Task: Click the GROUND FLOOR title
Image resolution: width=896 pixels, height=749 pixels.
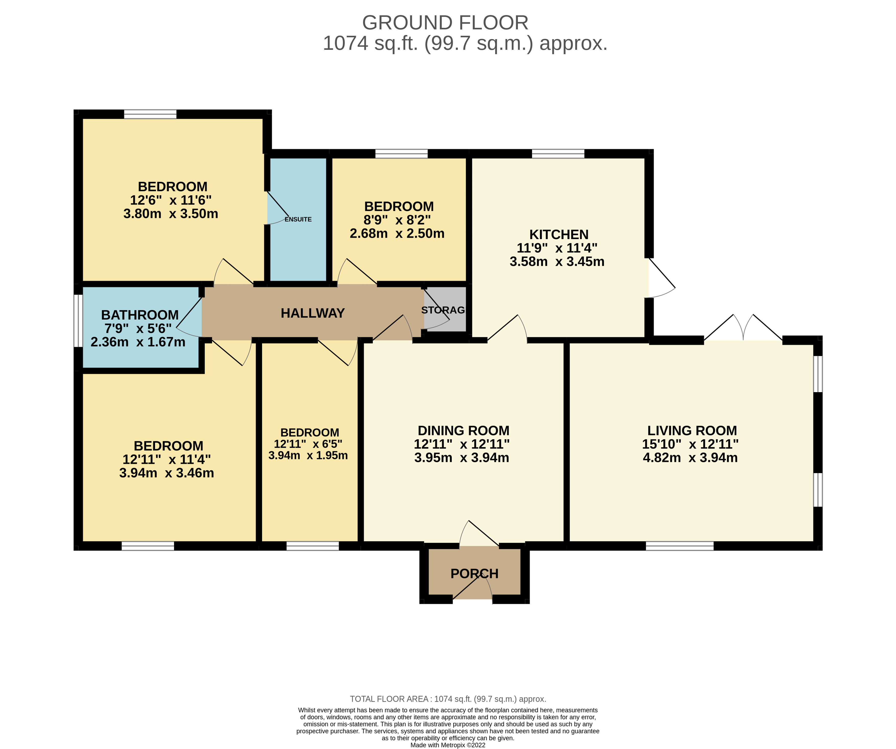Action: pos(445,22)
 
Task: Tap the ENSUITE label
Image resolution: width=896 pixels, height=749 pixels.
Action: pos(298,219)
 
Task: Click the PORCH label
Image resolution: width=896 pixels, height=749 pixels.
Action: pos(474,574)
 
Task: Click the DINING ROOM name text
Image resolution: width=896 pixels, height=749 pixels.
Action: pos(463,430)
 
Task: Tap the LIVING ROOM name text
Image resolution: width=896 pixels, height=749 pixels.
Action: pos(692,430)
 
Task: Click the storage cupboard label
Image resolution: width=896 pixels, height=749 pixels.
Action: pos(443,310)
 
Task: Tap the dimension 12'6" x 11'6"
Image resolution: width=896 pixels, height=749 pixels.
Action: pos(171,200)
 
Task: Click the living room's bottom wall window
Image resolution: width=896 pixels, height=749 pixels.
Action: pos(680,546)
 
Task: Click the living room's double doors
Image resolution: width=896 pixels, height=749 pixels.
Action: pos(743,327)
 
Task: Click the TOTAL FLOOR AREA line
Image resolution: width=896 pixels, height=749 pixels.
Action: pos(448,699)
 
